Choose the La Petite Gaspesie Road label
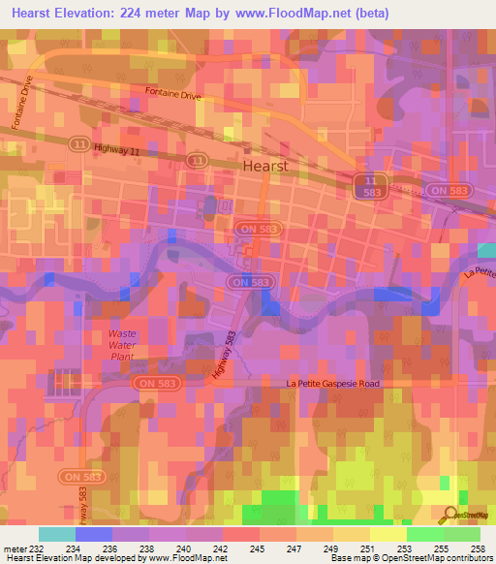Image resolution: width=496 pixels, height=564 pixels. click(x=332, y=384)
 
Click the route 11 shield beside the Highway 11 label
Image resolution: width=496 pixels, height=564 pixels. click(x=198, y=159)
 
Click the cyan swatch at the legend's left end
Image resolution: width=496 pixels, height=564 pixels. click(x=57, y=533)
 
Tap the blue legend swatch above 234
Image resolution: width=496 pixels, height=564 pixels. click(x=94, y=533)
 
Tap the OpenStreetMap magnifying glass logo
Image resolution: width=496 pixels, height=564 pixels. click(x=449, y=516)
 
